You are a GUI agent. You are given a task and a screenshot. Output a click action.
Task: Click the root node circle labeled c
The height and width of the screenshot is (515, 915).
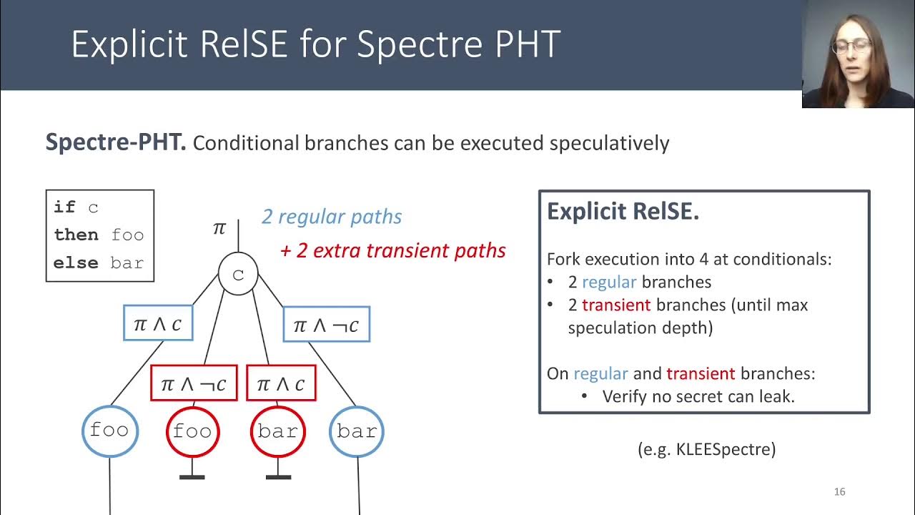[238, 275]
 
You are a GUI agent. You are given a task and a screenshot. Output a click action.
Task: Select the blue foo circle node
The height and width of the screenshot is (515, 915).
[109, 431]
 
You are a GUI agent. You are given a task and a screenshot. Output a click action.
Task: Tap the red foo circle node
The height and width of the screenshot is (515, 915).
[192, 431]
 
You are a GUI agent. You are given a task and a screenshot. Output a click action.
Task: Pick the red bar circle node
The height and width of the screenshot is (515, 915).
[277, 431]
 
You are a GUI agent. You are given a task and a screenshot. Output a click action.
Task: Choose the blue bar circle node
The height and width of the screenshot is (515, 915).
[356, 431]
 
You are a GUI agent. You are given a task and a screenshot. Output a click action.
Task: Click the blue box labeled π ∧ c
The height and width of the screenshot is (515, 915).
[158, 323]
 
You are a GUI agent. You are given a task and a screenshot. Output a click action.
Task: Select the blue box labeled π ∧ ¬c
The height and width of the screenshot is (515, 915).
[326, 325]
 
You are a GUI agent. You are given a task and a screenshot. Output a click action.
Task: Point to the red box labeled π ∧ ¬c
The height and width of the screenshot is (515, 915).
[194, 383]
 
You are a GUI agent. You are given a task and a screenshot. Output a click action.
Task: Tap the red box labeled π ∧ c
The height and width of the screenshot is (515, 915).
[281, 383]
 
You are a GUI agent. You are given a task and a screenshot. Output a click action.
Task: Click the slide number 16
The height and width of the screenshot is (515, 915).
[839, 491]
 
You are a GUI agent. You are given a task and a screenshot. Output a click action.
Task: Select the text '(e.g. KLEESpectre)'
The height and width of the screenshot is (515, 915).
[706, 449]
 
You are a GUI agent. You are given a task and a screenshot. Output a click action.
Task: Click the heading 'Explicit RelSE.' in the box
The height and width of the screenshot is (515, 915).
[623, 212]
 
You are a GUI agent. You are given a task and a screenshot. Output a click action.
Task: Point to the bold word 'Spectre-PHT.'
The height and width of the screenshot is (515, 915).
[116, 142]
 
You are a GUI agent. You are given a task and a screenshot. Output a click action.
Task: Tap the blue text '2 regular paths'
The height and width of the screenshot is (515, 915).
[332, 217]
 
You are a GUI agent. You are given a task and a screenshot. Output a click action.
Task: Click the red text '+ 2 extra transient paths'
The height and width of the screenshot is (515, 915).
[393, 250]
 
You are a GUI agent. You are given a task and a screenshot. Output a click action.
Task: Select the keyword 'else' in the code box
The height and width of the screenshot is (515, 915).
[75, 263]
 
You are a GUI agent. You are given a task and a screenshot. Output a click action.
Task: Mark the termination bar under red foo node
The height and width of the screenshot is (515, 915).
[192, 476]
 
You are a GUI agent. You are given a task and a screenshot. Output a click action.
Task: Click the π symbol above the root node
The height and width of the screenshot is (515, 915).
[219, 228]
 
